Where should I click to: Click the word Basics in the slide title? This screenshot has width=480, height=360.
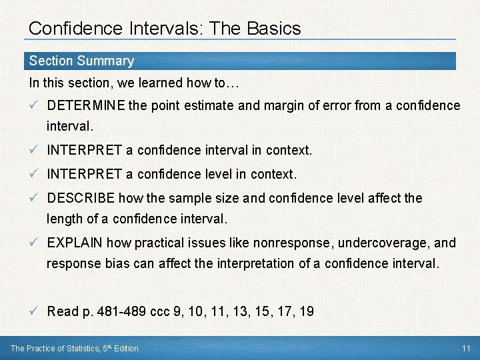click(273, 29)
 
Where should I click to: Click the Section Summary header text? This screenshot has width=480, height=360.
click(81, 61)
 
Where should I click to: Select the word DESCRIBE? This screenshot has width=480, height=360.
click(81, 198)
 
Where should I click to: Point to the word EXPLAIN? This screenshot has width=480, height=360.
click(75, 243)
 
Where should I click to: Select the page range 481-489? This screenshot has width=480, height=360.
click(121, 311)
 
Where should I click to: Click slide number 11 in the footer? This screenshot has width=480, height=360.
click(465, 348)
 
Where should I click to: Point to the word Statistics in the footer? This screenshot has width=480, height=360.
click(84, 348)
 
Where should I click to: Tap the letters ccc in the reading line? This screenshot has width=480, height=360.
click(160, 311)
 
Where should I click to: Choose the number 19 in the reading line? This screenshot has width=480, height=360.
click(306, 311)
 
